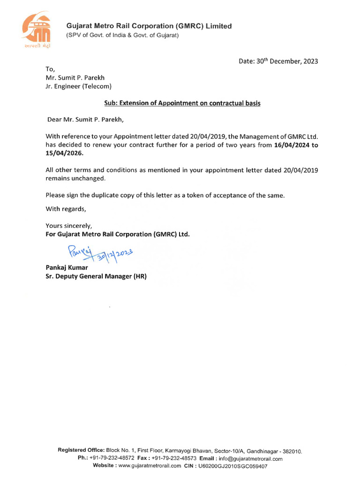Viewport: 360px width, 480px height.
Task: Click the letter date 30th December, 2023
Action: point(278,61)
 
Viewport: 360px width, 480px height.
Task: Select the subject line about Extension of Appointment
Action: point(182,103)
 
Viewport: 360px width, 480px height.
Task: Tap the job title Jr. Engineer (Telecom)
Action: point(78,86)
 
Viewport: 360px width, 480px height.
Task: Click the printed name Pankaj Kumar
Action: point(67,267)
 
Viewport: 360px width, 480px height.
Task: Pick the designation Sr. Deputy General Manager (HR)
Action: point(96,277)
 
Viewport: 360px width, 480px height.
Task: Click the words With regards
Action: point(66,209)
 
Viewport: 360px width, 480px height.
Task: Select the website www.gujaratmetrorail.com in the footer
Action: point(150,466)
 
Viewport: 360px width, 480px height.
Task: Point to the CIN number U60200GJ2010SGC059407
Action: point(232,466)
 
